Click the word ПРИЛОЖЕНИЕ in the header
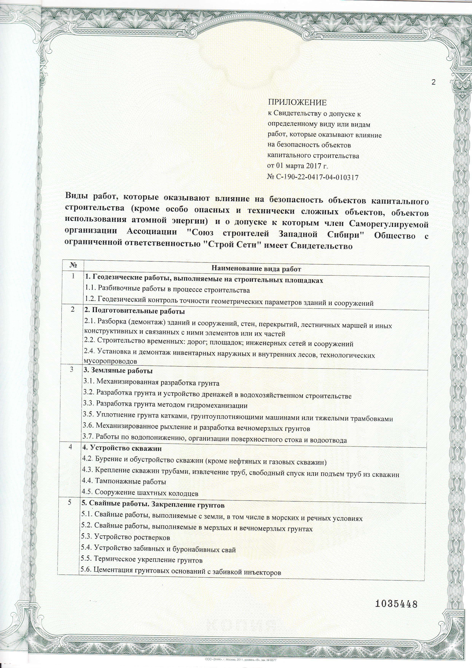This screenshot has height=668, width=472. (x=297, y=102)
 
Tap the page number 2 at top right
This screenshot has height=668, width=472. (x=434, y=82)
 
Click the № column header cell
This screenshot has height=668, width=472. (x=73, y=266)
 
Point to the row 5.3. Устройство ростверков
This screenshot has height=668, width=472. (x=126, y=537)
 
